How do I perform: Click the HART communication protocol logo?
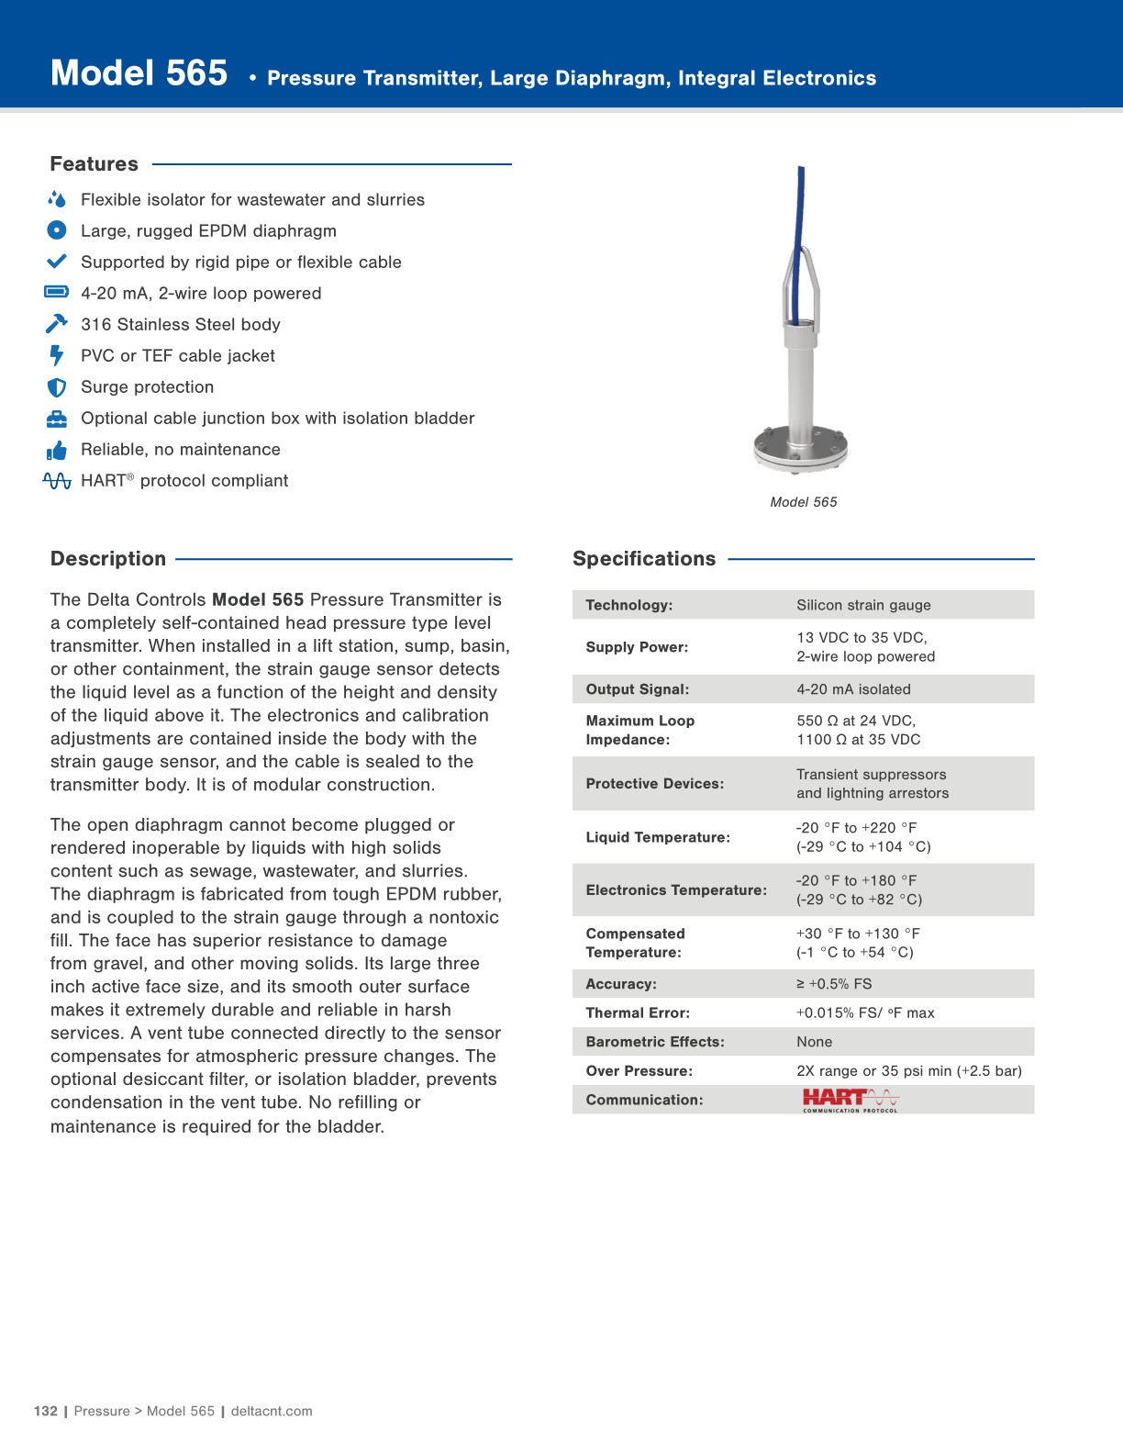(851, 1100)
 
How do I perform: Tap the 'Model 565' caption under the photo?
(804, 502)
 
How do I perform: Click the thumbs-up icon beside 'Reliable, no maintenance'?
(57, 450)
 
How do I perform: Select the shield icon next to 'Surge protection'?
(57, 387)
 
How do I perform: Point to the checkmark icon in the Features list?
(57, 262)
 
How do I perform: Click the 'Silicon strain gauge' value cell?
(863, 605)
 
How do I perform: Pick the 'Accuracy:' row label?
(621, 984)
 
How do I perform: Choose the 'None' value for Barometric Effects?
(814, 1042)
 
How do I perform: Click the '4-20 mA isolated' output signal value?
(853, 689)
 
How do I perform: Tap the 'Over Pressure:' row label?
(639, 1071)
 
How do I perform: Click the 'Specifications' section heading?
(644, 559)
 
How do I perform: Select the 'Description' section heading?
(108, 559)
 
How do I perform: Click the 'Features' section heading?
(94, 164)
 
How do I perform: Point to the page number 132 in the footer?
(45, 1411)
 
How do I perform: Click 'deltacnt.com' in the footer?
(272, 1411)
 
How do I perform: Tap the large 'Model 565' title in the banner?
(139, 73)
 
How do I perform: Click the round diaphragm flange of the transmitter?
(800, 449)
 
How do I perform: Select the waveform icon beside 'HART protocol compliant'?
(57, 481)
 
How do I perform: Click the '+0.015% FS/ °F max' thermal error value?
(865, 1013)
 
